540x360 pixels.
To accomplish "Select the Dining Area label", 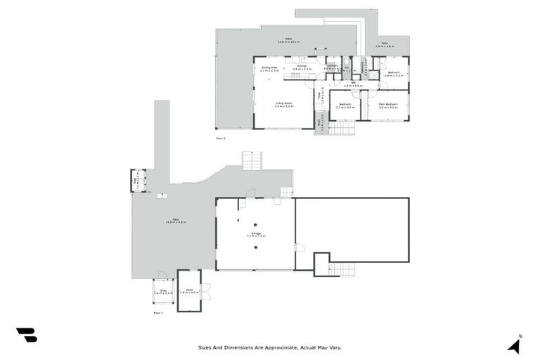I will (x=270, y=67).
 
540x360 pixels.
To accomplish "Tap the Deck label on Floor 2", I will (x=288, y=39).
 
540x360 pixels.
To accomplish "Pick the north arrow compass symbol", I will (x=515, y=344).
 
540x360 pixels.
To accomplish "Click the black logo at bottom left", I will (x=26, y=335).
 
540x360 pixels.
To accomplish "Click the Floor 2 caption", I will (x=220, y=139).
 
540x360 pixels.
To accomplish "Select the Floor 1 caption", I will (x=157, y=312).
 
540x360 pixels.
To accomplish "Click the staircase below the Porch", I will (x=342, y=127).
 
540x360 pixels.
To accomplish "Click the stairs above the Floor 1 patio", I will (x=252, y=160).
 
